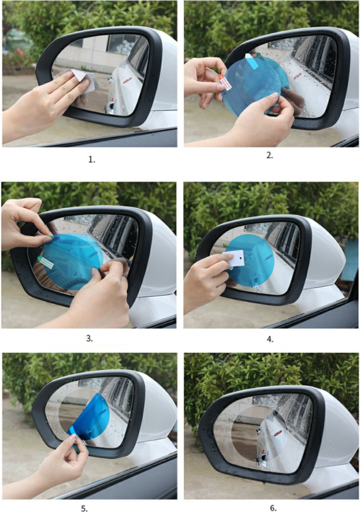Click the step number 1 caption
92,160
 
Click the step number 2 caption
270,155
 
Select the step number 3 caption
89,338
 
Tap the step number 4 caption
270,339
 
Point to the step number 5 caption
84,509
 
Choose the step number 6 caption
274,508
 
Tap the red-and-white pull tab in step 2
225,82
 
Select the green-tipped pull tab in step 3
45,262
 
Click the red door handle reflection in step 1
129,80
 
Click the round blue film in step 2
251,87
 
